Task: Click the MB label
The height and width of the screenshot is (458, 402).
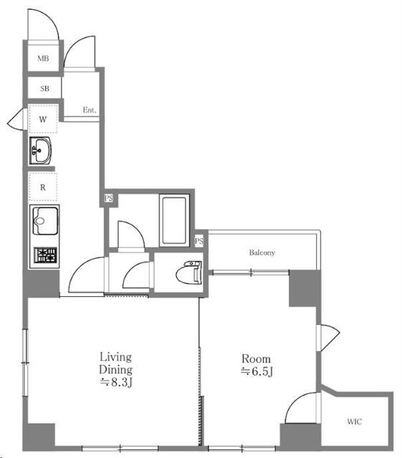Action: [x=43, y=59]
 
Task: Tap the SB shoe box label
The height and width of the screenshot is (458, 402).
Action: [x=44, y=88]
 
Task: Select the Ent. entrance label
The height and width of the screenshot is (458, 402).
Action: [x=90, y=109]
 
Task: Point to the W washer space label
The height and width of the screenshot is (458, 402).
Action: [x=43, y=120]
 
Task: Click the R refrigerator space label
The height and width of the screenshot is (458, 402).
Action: [x=43, y=187]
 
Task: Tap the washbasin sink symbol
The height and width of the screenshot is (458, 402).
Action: [x=41, y=151]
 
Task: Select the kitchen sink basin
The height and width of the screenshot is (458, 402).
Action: [x=45, y=220]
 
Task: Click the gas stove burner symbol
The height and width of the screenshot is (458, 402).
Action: [x=45, y=255]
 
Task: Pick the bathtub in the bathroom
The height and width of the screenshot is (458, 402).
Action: [x=174, y=220]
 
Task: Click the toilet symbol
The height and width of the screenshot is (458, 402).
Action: [x=189, y=273]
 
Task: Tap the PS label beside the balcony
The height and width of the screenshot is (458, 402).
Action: [x=199, y=241]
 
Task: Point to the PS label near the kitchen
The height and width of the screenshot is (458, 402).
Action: [x=108, y=199]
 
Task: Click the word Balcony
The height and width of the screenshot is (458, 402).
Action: [x=262, y=253]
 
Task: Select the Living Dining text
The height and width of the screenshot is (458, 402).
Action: [x=115, y=363]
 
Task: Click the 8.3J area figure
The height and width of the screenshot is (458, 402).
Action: [x=117, y=382]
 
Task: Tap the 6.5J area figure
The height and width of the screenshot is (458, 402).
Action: [x=257, y=371]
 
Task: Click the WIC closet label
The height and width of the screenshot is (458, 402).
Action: [x=354, y=422]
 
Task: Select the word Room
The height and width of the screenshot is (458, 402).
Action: [x=256, y=359]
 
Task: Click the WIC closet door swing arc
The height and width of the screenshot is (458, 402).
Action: [x=295, y=401]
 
